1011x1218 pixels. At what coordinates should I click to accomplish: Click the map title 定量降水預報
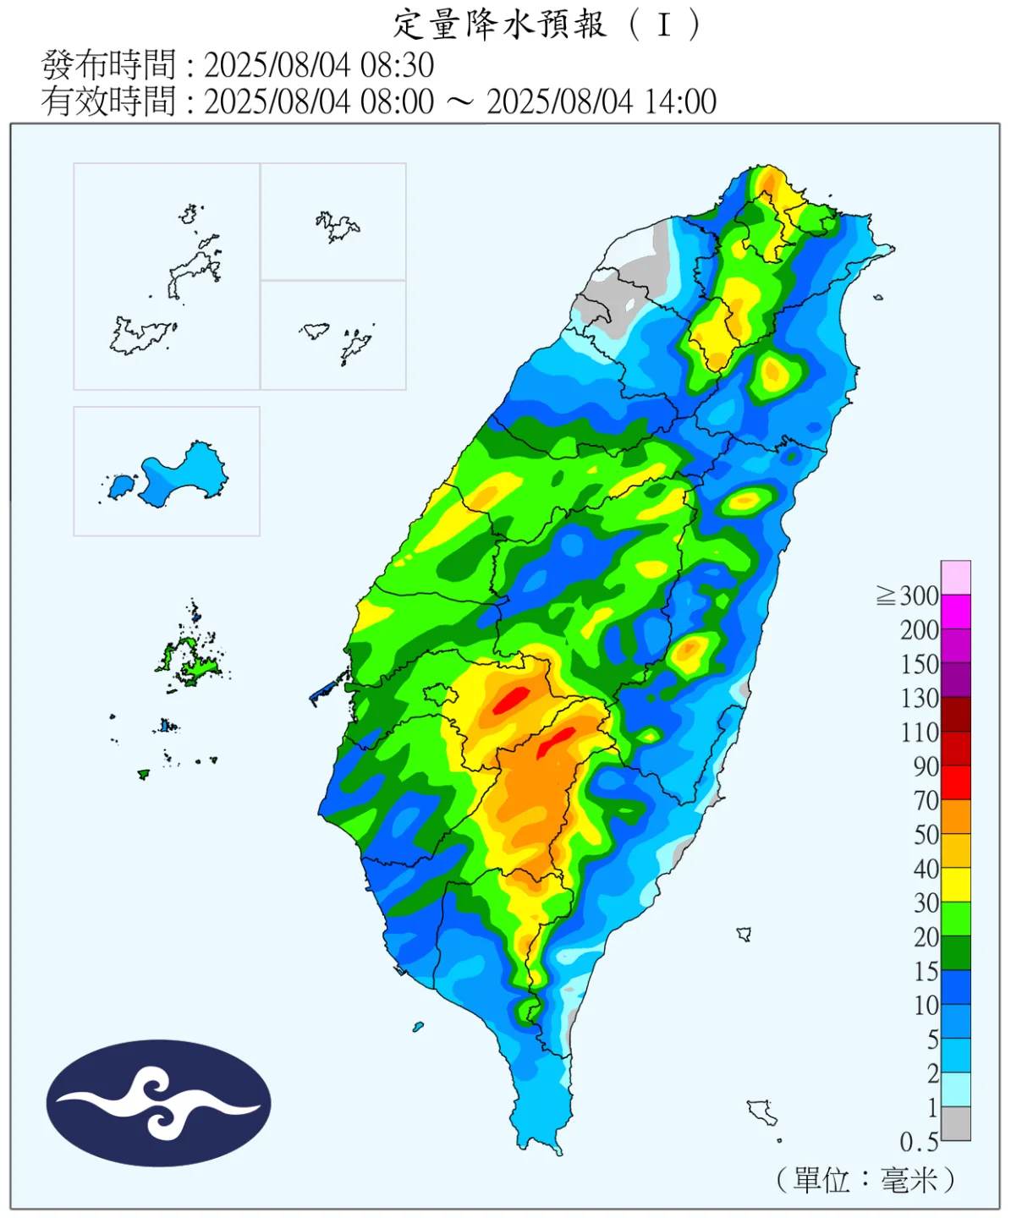tap(499, 25)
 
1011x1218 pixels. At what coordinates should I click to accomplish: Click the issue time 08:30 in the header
tap(397, 65)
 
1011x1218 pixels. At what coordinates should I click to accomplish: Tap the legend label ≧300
tap(908, 596)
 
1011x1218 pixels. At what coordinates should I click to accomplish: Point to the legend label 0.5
tap(919, 1143)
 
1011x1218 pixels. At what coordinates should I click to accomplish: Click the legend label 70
tap(926, 800)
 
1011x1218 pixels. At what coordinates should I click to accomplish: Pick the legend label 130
tap(919, 699)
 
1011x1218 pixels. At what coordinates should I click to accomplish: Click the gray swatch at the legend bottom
tap(956, 1124)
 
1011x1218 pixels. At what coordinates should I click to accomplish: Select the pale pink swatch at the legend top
tap(956, 578)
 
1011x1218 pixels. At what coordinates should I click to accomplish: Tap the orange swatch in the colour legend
tap(956, 817)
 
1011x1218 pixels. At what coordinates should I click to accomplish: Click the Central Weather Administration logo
tap(158, 1103)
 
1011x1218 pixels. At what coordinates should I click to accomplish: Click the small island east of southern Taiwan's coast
tap(744, 934)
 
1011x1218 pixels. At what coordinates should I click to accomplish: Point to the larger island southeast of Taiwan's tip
tap(762, 1111)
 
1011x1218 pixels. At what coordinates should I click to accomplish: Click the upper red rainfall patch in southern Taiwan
tap(511, 700)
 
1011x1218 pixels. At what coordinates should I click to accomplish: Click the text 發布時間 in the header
tap(109, 65)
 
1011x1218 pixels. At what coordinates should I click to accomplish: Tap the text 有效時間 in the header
tap(109, 101)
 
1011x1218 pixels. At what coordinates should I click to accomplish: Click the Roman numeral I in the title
tap(664, 25)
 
